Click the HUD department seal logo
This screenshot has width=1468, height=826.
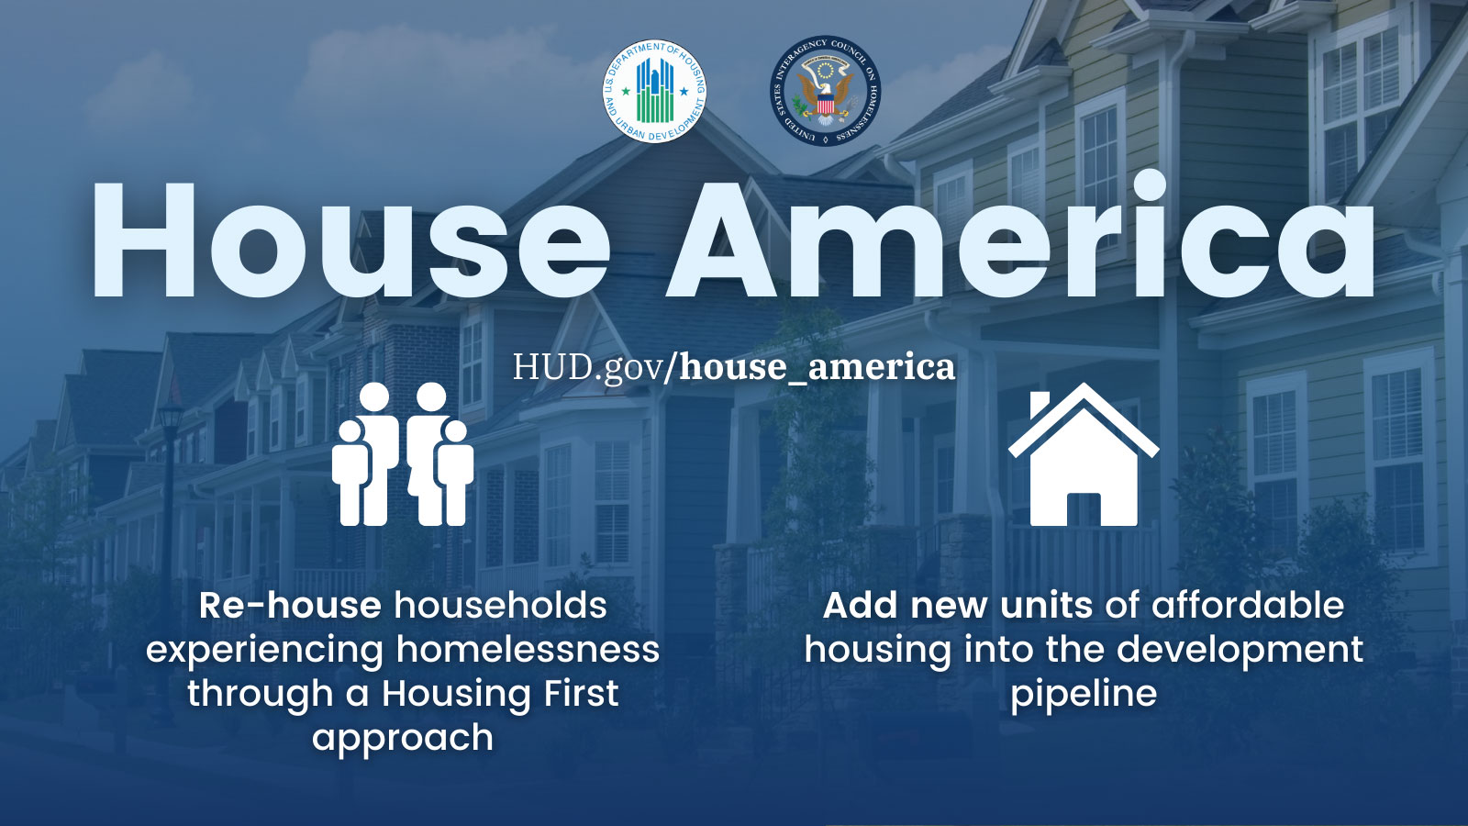click(x=654, y=92)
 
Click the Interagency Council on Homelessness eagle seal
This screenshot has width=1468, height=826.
click(x=824, y=92)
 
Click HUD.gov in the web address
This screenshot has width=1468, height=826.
click(x=588, y=367)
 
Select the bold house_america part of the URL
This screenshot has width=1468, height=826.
click(x=817, y=367)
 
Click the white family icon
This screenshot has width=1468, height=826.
click(x=403, y=455)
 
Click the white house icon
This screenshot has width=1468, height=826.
click(x=1083, y=459)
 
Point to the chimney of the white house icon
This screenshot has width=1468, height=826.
click(x=1040, y=404)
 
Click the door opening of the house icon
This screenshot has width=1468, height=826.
click(x=1084, y=510)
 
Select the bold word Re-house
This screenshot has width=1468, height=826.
click(x=290, y=606)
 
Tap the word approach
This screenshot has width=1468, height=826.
click(x=403, y=738)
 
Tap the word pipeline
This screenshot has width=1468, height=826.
click(x=1084, y=694)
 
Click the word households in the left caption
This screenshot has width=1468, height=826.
click(x=500, y=606)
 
